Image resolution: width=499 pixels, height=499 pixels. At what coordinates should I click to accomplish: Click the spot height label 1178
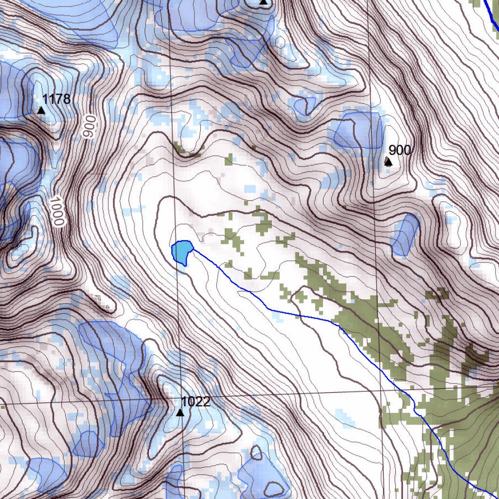click(56, 99)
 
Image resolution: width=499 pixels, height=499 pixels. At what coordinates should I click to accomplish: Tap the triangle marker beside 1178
click(41, 111)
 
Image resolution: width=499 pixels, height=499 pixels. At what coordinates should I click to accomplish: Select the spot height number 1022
click(195, 402)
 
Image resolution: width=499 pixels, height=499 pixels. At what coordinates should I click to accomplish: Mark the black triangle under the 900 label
click(388, 162)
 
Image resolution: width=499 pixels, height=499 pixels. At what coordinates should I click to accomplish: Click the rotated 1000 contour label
click(57, 211)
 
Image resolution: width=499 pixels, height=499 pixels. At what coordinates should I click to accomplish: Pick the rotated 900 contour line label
click(87, 127)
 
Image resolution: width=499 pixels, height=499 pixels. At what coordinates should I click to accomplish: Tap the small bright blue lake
click(182, 251)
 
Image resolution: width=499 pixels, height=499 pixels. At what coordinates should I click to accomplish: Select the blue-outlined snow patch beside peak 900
click(359, 130)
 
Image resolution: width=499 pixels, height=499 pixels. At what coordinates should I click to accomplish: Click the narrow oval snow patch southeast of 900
click(405, 235)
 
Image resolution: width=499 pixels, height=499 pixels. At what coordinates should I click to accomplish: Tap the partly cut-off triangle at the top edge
click(264, 2)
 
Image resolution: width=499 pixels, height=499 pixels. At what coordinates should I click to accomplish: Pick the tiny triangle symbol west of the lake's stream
click(107, 307)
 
